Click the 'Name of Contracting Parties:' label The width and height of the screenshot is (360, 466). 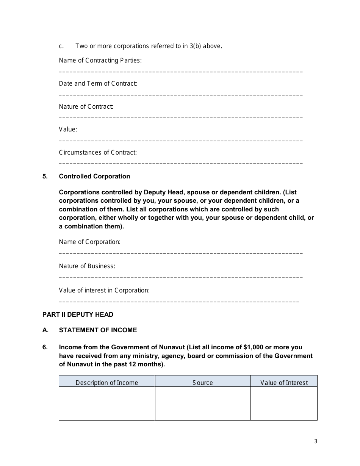[100, 60]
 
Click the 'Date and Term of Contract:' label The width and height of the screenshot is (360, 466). [98, 83]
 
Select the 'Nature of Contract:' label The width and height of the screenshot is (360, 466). [86, 106]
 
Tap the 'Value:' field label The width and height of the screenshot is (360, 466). [68, 129]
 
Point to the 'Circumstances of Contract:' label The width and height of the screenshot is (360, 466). [98, 152]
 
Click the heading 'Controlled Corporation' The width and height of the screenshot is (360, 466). [94, 176]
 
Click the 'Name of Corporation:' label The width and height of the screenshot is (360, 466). [89, 242]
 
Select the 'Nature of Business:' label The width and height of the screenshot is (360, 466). [87, 266]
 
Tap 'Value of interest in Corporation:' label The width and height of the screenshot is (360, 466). [104, 290]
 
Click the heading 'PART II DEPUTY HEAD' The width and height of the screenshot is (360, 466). [78, 314]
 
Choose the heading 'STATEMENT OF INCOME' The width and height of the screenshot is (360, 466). [98, 330]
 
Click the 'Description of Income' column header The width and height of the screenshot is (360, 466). [107, 383]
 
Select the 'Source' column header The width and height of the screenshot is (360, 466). [203, 383]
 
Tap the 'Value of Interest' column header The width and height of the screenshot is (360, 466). [284, 383]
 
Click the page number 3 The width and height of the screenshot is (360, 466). [316, 441]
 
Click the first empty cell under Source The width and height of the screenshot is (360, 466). [203, 393]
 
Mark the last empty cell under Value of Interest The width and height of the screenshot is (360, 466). [284, 415]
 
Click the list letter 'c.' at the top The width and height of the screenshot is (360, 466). [61, 46]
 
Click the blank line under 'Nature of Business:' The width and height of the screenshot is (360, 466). [181, 277]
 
